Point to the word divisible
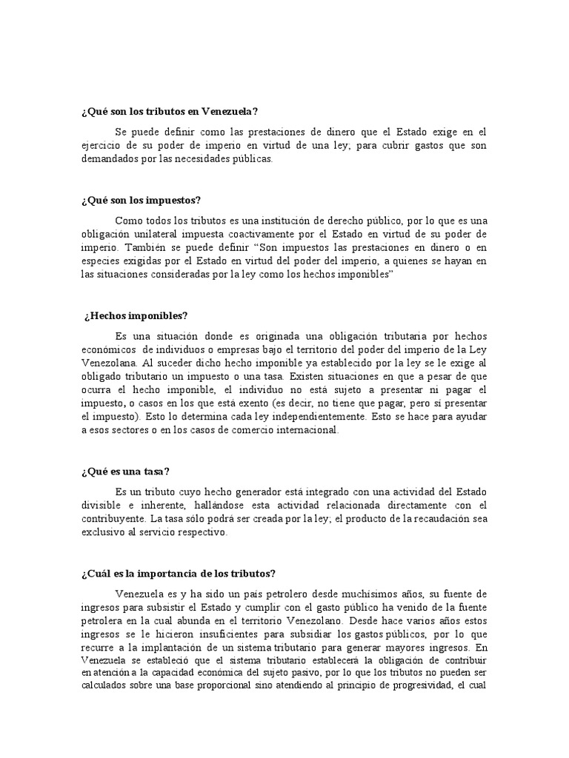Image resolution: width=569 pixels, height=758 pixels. coord(102,506)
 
